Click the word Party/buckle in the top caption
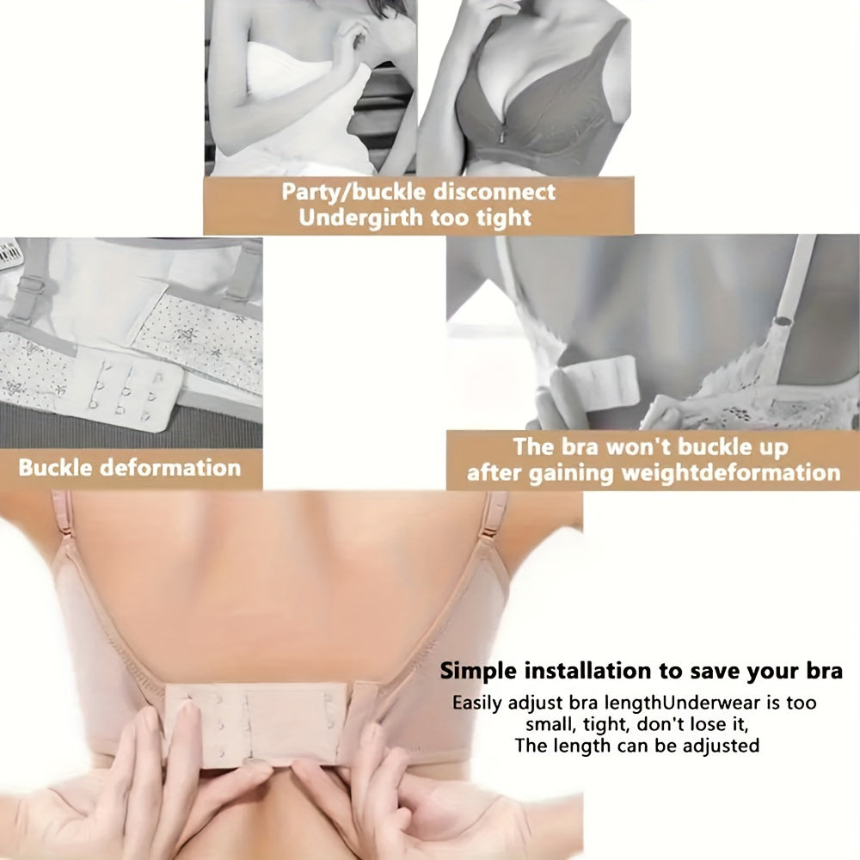353,193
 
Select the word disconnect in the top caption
494,192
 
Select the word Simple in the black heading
478,672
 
